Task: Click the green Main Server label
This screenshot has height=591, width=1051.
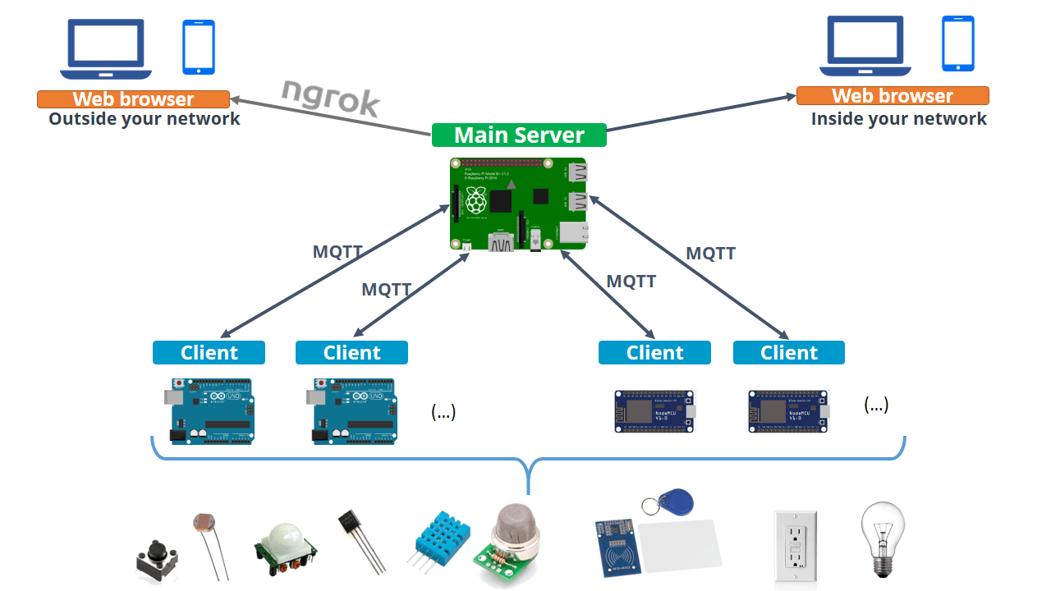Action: tap(519, 135)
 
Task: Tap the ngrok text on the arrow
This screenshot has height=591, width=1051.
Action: tap(330, 98)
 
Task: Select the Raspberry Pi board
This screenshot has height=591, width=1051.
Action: tap(518, 204)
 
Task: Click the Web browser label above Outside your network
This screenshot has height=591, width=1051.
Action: tap(133, 99)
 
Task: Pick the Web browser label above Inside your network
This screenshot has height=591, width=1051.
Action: tap(893, 96)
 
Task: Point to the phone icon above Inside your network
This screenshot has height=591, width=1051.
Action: tap(957, 44)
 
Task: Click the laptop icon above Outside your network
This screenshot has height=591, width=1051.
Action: tap(106, 49)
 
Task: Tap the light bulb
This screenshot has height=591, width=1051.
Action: tap(882, 538)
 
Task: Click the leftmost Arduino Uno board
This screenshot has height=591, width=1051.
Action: tap(210, 410)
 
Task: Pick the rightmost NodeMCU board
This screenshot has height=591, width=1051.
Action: tap(789, 411)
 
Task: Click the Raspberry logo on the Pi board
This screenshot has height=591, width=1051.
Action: tap(476, 200)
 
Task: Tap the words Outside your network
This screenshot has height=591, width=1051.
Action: tap(144, 119)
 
